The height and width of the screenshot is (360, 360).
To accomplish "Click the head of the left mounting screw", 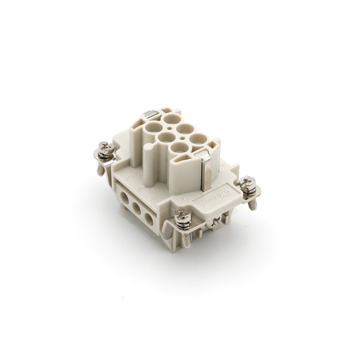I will (x=105, y=147).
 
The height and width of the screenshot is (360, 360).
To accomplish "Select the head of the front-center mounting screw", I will (x=183, y=215).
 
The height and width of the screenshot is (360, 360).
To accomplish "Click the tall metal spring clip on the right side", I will (x=205, y=169).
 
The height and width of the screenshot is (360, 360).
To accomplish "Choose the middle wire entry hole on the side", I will (x=136, y=207).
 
